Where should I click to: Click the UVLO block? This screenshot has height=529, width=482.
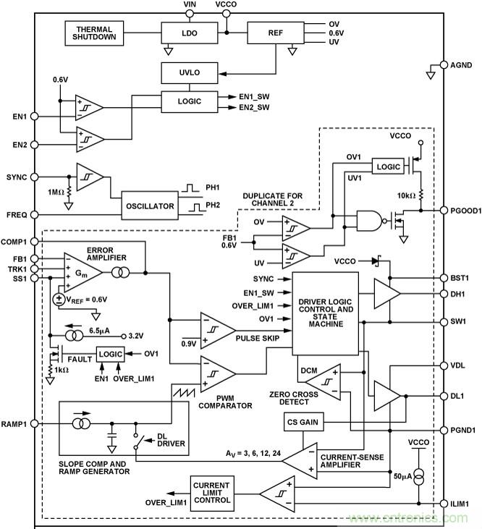(x=185, y=73)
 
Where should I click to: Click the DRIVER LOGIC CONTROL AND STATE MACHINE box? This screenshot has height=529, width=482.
(x=324, y=313)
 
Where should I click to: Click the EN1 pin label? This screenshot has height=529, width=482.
(x=17, y=117)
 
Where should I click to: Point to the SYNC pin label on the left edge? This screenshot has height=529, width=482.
(x=16, y=177)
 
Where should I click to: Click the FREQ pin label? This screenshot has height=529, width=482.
(x=16, y=215)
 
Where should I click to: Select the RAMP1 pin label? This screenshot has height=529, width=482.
(x=16, y=424)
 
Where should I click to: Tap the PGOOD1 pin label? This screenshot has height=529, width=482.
(x=460, y=211)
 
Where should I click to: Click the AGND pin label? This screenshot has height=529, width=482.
(x=460, y=65)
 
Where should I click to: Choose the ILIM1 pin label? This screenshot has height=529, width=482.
(x=457, y=503)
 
